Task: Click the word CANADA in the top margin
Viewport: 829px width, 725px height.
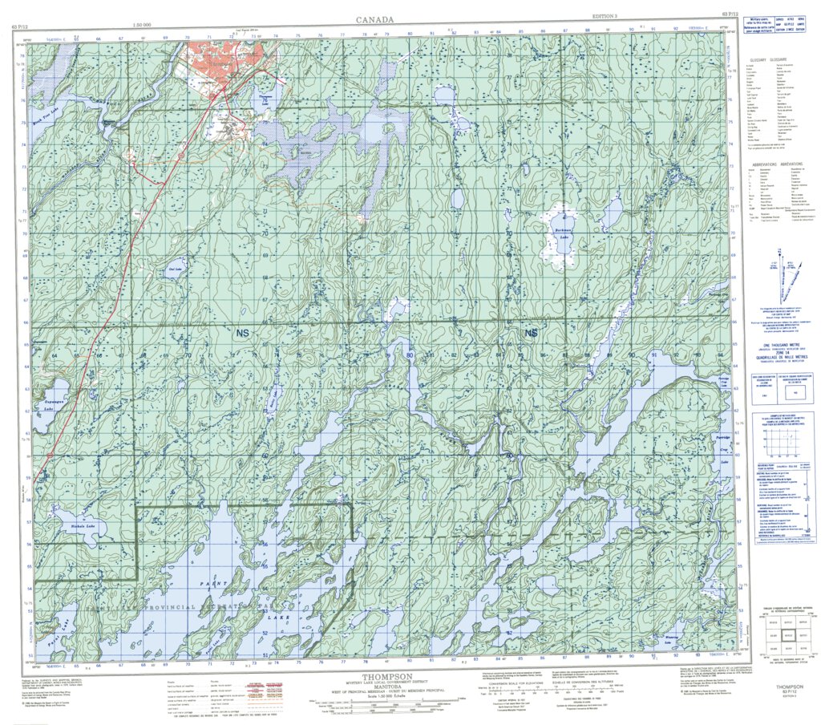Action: tap(376, 18)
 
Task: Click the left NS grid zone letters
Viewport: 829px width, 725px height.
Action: tap(242, 330)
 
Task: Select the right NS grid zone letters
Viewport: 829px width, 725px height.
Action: tap(530, 332)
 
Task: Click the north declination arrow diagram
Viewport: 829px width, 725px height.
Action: tap(784, 277)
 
